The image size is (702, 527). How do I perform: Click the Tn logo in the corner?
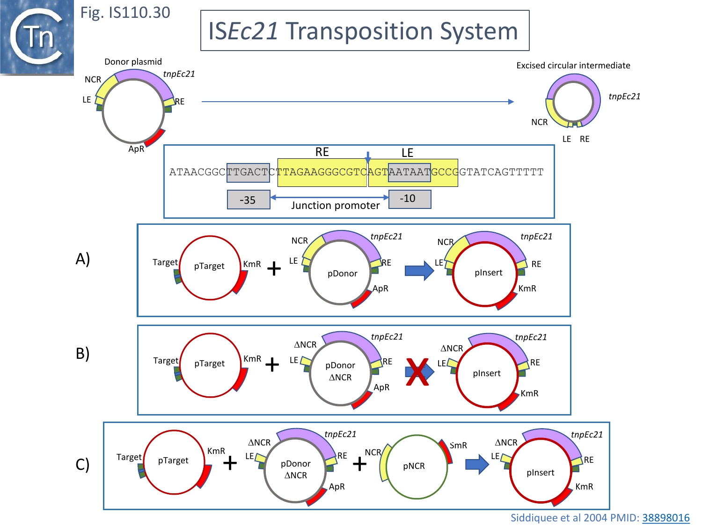37,37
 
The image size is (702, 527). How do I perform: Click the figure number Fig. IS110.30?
125,13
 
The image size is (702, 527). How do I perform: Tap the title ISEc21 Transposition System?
364,31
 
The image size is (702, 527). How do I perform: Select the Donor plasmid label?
133,62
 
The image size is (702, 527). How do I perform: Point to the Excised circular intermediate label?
573,66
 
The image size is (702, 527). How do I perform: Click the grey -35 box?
248,200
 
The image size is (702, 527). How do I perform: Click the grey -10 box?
409,199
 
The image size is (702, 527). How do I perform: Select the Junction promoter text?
335,206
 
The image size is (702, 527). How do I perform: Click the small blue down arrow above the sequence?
368,157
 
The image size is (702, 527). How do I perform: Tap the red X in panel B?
417,372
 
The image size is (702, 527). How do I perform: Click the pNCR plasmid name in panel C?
414,466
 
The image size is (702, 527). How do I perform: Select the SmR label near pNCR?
458,445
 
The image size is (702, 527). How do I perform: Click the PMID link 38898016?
665,518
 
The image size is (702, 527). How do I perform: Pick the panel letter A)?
83,259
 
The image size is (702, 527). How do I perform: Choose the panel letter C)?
82,465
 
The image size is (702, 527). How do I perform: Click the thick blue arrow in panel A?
419,270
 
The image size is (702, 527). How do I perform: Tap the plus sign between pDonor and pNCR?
359,464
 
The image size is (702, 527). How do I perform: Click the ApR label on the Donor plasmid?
136,149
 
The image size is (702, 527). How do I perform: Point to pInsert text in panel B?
487,373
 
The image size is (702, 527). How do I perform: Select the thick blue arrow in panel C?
477,464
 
